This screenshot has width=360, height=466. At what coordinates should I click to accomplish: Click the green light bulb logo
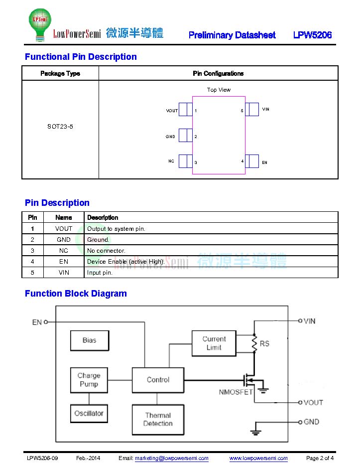click(x=40, y=24)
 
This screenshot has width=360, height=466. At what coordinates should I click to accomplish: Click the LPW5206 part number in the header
click(x=312, y=35)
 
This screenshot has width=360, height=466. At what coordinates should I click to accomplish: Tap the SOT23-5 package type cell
click(x=60, y=126)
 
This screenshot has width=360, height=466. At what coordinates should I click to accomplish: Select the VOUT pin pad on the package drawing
click(x=186, y=109)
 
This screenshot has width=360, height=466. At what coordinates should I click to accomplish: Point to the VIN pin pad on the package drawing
click(x=252, y=109)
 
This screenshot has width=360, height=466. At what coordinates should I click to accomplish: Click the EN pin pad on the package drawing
click(x=252, y=161)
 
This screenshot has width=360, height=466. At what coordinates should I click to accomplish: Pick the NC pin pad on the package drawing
click(x=186, y=161)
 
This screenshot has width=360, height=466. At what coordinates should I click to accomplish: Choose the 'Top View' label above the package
click(x=219, y=90)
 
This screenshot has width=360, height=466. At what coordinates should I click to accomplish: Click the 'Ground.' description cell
click(x=98, y=240)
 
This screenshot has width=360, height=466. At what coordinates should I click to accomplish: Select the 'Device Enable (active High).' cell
click(x=125, y=262)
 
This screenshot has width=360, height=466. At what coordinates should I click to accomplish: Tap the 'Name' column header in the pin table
click(x=64, y=217)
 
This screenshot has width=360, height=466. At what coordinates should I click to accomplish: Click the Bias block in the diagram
click(x=90, y=340)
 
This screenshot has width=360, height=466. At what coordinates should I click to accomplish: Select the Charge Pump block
click(x=89, y=380)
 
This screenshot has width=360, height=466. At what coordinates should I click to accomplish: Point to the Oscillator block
click(x=89, y=413)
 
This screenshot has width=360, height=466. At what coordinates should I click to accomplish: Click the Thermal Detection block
click(x=158, y=420)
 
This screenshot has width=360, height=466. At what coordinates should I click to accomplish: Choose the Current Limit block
click(x=214, y=343)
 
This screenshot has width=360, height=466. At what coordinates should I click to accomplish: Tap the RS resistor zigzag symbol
click(x=254, y=343)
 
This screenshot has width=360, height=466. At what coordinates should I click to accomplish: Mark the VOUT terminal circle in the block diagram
click(x=300, y=402)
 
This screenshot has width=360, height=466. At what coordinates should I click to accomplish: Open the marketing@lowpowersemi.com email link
click(x=172, y=458)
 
